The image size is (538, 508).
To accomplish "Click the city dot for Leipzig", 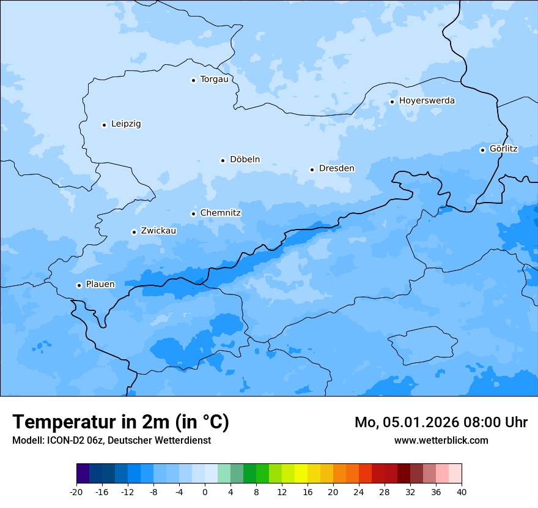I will point(104,125).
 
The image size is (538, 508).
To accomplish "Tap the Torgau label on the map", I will point(214,79).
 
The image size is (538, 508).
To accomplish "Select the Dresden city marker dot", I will point(312,170).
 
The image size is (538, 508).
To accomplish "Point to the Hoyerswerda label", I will point(427,100).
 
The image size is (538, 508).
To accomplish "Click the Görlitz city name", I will point(503,149).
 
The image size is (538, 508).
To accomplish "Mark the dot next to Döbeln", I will point(223,160).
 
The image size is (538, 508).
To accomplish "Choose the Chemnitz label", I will point(220,213).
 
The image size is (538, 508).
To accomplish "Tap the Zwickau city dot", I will point(134,232).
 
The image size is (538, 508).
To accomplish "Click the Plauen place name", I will point(100,284).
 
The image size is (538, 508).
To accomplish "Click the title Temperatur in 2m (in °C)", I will point(120,422).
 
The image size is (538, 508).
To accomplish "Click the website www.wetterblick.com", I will point(441,440).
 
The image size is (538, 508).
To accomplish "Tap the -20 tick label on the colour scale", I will point(76,491).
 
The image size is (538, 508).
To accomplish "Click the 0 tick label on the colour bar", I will point(205,491).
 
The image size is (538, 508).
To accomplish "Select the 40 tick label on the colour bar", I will point(462,491).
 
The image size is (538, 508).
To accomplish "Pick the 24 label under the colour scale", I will point(359,491).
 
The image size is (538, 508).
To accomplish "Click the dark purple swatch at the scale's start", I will point(83,473).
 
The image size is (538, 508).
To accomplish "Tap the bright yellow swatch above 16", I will point(301,473).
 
